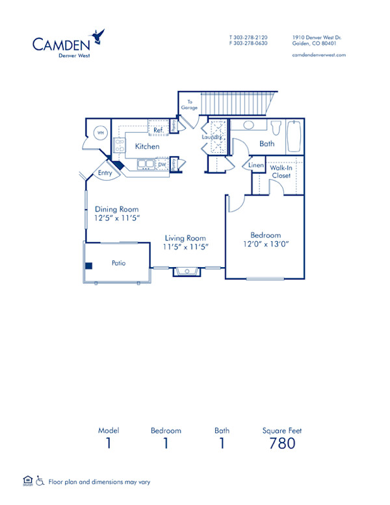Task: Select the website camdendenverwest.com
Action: [319, 55]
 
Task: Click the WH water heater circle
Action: [101, 133]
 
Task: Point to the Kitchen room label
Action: [147, 147]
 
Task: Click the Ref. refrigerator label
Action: [158, 130]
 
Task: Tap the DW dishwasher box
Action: [162, 165]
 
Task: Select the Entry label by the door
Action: [105, 174]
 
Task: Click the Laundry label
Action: [212, 137]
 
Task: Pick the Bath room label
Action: [266, 144]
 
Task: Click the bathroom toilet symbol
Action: [276, 126]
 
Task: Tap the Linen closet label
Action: [256, 167]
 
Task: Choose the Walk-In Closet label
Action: [281, 172]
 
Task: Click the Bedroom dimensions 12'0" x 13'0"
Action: [265, 244]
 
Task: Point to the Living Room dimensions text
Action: [185, 248]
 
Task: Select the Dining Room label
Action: [117, 209]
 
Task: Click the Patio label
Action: [118, 263]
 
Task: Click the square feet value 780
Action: [281, 443]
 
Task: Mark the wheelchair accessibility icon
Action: [40, 482]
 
